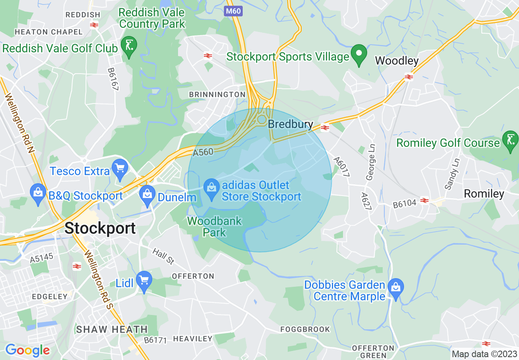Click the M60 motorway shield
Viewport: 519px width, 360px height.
[233, 11]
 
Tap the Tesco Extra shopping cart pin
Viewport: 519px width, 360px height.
[120, 169]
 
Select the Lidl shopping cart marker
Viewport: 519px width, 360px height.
[144, 281]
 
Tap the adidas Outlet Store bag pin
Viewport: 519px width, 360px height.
[212, 189]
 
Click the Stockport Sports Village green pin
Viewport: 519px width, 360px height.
[359, 55]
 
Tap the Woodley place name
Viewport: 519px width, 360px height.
[397, 61]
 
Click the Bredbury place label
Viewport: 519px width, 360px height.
[291, 124]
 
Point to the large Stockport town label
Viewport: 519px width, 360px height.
[100, 228]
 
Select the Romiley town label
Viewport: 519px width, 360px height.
[484, 193]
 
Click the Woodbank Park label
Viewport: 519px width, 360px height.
[215, 227]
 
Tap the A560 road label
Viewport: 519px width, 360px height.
[203, 152]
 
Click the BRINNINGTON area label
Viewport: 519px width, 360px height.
[217, 94]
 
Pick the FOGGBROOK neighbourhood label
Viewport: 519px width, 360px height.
[305, 329]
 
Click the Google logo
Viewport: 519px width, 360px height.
[27, 350]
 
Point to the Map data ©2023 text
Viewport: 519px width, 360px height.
[484, 354]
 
